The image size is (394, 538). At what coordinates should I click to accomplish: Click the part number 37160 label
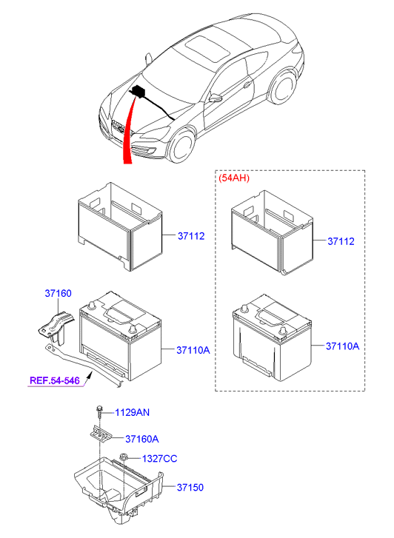(x=58, y=294)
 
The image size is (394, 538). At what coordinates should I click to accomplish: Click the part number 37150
(x=190, y=488)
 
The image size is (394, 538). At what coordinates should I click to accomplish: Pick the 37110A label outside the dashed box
(x=193, y=349)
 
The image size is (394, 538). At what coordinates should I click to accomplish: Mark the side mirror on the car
(x=216, y=97)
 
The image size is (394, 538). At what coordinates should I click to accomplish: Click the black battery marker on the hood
(x=138, y=93)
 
